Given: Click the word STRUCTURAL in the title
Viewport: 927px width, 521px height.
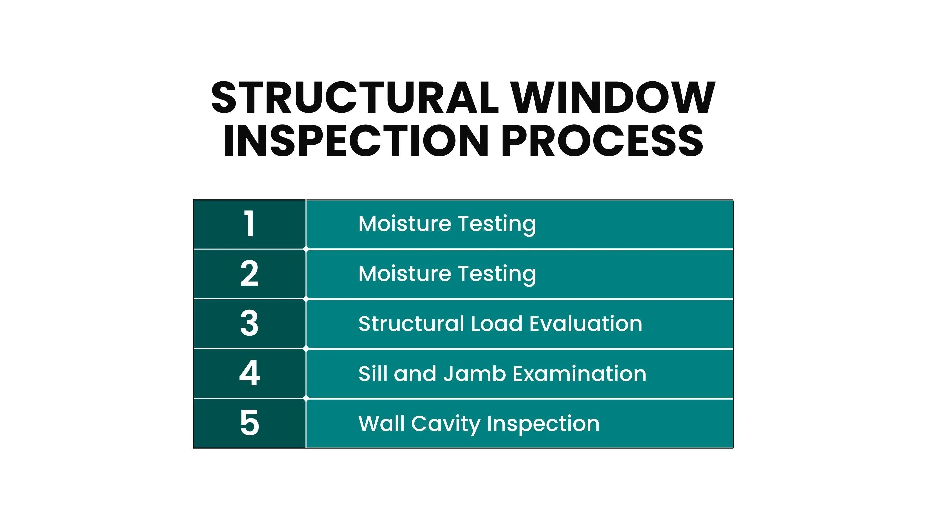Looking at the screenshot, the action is (355, 97).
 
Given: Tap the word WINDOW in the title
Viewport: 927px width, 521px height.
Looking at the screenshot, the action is (613, 97).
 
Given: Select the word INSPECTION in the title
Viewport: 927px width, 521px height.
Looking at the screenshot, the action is (356, 141).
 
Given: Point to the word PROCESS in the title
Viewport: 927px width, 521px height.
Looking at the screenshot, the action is (602, 141).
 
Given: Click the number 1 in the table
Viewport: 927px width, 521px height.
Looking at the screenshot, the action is (250, 224).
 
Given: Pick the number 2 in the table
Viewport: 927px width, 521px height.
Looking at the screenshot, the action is (250, 274).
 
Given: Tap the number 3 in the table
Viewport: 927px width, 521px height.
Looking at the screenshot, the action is (250, 323).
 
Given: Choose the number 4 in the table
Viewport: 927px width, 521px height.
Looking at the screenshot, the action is (250, 373).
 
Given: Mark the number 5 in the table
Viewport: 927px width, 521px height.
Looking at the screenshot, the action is (250, 423).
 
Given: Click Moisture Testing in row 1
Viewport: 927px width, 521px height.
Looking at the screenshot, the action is (447, 224).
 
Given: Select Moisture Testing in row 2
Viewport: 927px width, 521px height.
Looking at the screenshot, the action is (447, 274).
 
